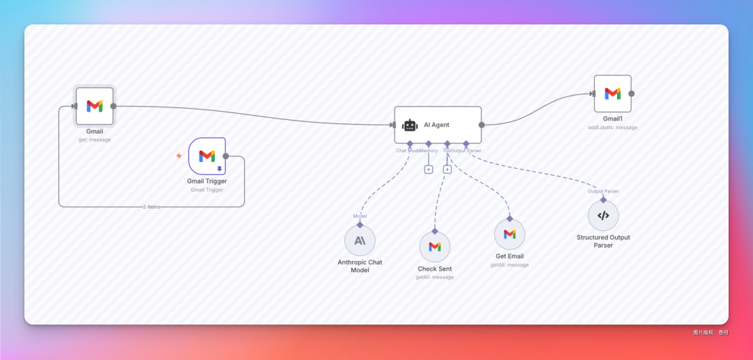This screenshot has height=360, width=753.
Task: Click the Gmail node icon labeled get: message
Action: pos(95,106)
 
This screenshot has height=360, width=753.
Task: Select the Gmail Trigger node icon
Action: pos(206,156)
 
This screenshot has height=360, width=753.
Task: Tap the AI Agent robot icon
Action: pos(410,125)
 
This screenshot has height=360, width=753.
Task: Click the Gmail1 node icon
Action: pos(612,93)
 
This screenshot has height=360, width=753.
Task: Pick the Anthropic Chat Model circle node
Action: pos(360,240)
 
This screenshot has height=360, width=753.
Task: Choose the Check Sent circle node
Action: pos(434,247)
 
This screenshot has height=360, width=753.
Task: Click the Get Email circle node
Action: pos(510,234)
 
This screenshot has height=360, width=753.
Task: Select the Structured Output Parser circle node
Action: pos(603,216)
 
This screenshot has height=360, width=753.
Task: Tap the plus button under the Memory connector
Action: pos(429,170)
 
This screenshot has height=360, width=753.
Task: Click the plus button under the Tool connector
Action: pos(448,170)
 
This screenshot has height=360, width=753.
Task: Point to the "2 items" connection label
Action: pos(151,207)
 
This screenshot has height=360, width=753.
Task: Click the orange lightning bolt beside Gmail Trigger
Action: pos(178,156)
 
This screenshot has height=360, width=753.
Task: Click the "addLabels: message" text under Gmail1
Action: pos(612,127)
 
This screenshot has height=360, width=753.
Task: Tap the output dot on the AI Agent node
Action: pos(481,125)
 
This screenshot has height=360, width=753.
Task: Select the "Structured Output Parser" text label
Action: pos(603,241)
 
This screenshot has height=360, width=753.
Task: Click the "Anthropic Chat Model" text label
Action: pos(360,266)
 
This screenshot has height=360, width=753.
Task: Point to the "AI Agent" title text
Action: pos(436,125)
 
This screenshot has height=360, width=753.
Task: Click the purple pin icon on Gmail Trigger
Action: pos(219,169)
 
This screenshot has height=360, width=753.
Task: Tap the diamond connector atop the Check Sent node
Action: pos(434,230)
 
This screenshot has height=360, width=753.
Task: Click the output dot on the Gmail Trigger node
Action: pos(225,156)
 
